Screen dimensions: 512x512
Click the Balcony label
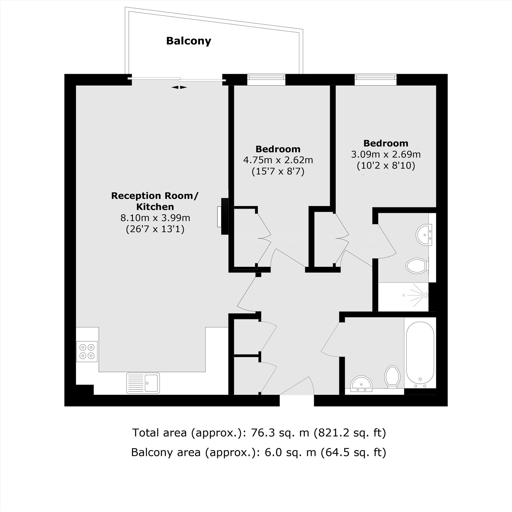pyautogui.click(x=188, y=41)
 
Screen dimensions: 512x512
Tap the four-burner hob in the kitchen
pyautogui.click(x=87, y=351)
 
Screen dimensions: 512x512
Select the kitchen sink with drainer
pyautogui.click(x=143, y=383)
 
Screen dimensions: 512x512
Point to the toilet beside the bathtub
pyautogui.click(x=392, y=377)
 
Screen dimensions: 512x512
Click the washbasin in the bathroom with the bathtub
pyautogui.click(x=361, y=383)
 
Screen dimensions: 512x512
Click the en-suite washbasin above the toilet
pyautogui.click(x=424, y=235)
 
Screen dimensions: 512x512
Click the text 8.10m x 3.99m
pyautogui.click(x=155, y=218)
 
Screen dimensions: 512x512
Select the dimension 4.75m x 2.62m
pyautogui.click(x=278, y=160)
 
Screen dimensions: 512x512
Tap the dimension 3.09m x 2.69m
pyautogui.click(x=386, y=154)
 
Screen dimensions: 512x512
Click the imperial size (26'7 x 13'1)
pyautogui.click(x=155, y=229)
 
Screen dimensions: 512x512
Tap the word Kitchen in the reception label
pyautogui.click(x=155, y=207)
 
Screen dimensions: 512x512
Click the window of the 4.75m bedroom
pyautogui.click(x=266, y=80)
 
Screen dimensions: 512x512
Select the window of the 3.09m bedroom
pyautogui.click(x=376, y=80)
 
